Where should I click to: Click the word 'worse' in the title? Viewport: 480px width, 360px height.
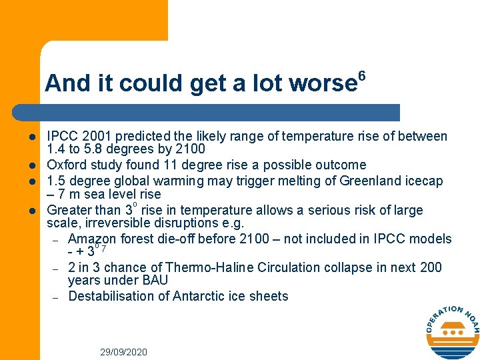point(323,83)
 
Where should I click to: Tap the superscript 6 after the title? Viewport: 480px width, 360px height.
point(362,75)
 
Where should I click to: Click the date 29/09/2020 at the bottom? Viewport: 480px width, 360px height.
point(123,351)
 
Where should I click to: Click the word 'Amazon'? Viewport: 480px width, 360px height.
point(92,239)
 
